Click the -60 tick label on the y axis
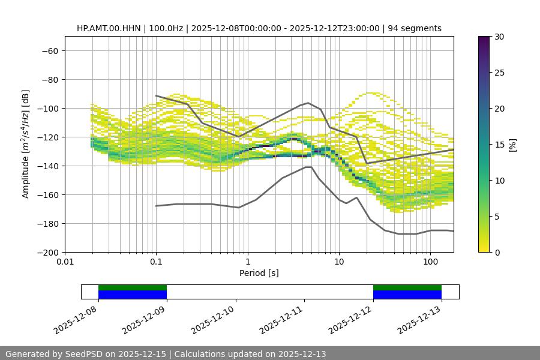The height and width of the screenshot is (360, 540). click(49, 50)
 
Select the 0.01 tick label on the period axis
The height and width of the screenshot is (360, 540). click(65, 262)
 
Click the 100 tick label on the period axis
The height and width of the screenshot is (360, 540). click(430, 262)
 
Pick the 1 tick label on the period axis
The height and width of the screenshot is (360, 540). click(247, 262)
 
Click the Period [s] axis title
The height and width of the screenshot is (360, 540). click(259, 273)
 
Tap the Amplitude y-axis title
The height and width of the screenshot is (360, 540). click(25, 144)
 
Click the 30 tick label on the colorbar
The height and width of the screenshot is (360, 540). click(499, 37)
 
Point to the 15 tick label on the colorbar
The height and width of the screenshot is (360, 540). click(499, 145)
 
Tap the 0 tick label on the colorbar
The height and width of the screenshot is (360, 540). click(496, 252)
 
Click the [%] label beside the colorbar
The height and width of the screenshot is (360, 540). click(512, 145)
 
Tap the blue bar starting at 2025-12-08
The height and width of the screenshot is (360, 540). click(132, 295)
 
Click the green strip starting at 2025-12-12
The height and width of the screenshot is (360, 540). click(407, 287)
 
